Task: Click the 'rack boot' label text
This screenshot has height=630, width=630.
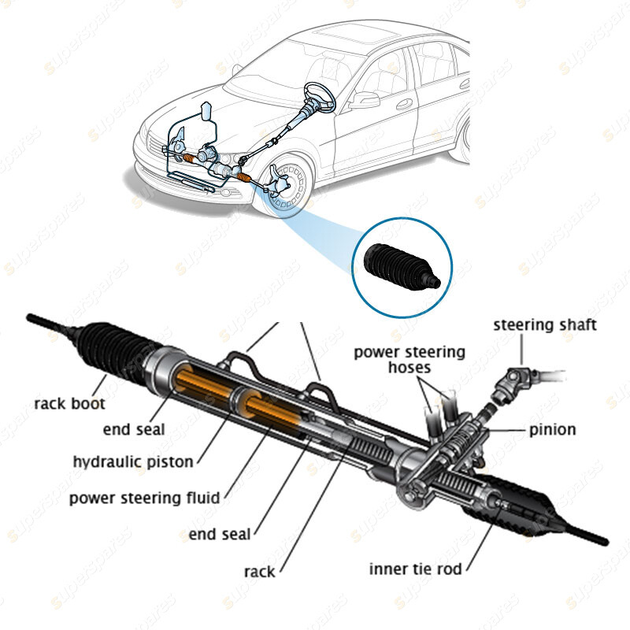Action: (69, 405)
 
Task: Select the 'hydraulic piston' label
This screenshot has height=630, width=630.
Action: (133, 461)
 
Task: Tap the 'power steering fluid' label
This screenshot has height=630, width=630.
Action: (144, 498)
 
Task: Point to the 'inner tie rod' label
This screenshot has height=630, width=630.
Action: (415, 568)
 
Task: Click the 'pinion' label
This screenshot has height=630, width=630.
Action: (552, 430)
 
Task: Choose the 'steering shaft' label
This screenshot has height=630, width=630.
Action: (545, 324)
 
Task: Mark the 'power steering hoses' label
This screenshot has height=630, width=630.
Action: (409, 360)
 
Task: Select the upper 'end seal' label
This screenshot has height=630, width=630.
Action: (134, 430)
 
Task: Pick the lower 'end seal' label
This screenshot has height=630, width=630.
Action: (220, 535)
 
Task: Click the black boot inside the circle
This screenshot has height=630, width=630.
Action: (399, 268)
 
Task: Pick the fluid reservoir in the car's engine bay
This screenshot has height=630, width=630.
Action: (207, 113)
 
